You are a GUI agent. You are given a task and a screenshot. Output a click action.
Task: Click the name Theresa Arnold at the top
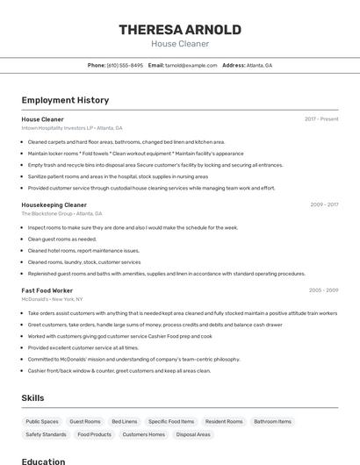(180, 30)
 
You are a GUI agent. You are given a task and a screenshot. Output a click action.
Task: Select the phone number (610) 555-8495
(125, 65)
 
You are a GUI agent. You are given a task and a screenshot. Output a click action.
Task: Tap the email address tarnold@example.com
(191, 65)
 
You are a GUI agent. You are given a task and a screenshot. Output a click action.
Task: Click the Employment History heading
(65, 100)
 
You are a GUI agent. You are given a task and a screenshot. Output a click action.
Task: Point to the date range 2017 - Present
(321, 118)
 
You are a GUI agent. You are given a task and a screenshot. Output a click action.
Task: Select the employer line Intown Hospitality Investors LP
(72, 128)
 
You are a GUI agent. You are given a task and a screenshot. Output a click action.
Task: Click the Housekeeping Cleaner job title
(54, 204)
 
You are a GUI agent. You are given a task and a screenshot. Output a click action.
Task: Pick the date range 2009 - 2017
(324, 204)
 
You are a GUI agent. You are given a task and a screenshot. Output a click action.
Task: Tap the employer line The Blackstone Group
(61, 213)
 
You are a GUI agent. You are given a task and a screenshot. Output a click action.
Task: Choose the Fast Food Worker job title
(47, 290)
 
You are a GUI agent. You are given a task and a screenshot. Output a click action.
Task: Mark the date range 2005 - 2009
(323, 290)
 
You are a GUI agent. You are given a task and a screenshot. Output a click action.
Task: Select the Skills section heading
(32, 397)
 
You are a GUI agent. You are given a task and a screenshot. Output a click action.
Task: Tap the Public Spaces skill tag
(42, 421)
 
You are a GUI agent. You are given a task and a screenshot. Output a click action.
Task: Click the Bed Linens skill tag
(124, 421)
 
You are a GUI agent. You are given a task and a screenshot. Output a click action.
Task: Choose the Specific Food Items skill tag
(170, 421)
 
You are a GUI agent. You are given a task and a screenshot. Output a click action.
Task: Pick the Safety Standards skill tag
(47, 434)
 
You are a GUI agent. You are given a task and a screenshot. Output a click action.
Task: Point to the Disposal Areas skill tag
(193, 434)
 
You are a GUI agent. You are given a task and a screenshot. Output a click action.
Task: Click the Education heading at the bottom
(43, 461)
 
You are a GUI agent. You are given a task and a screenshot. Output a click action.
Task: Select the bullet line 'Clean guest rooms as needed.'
(61, 239)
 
